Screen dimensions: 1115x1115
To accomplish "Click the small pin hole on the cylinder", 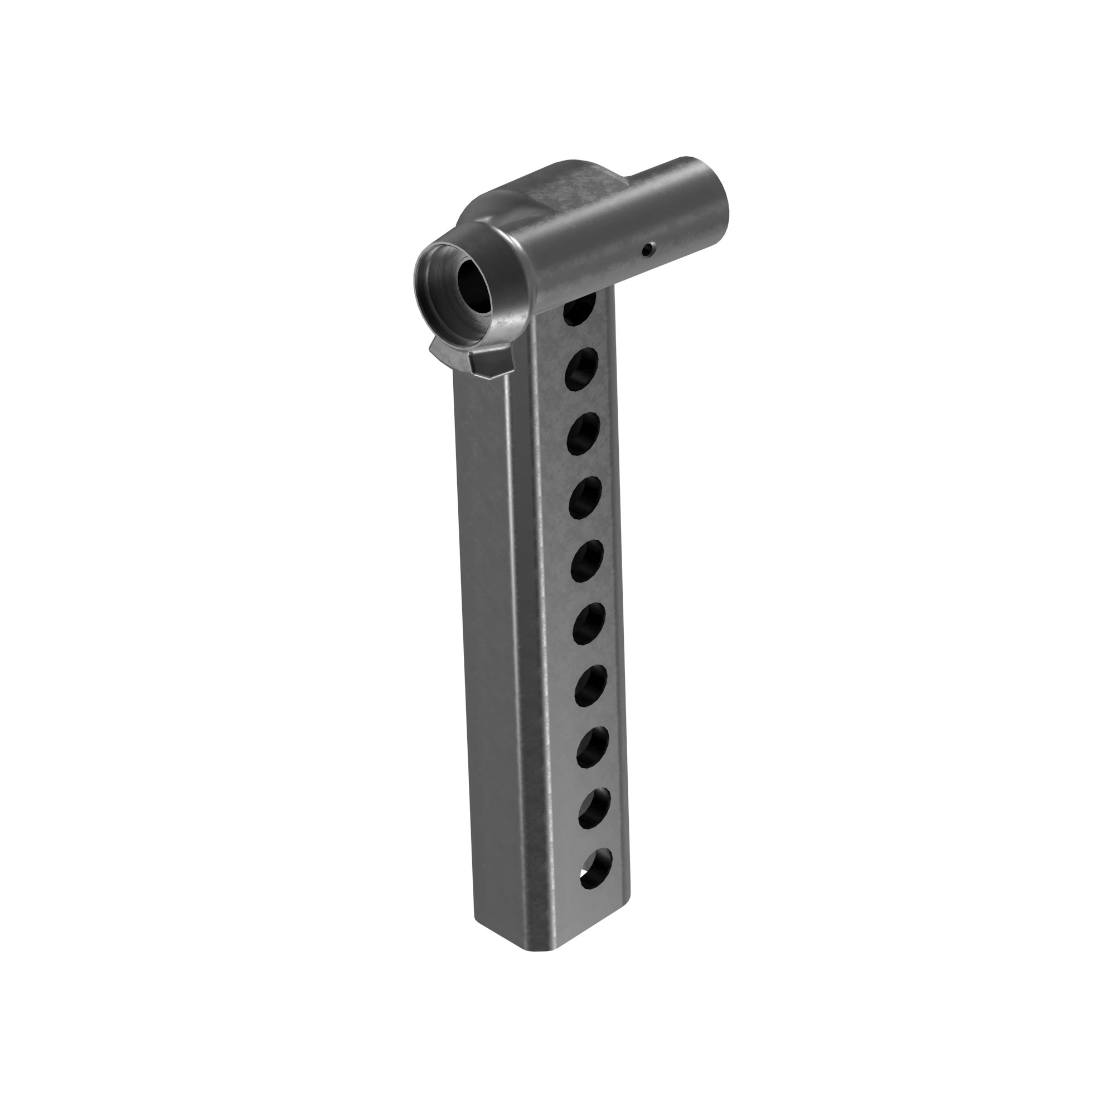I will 649,249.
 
